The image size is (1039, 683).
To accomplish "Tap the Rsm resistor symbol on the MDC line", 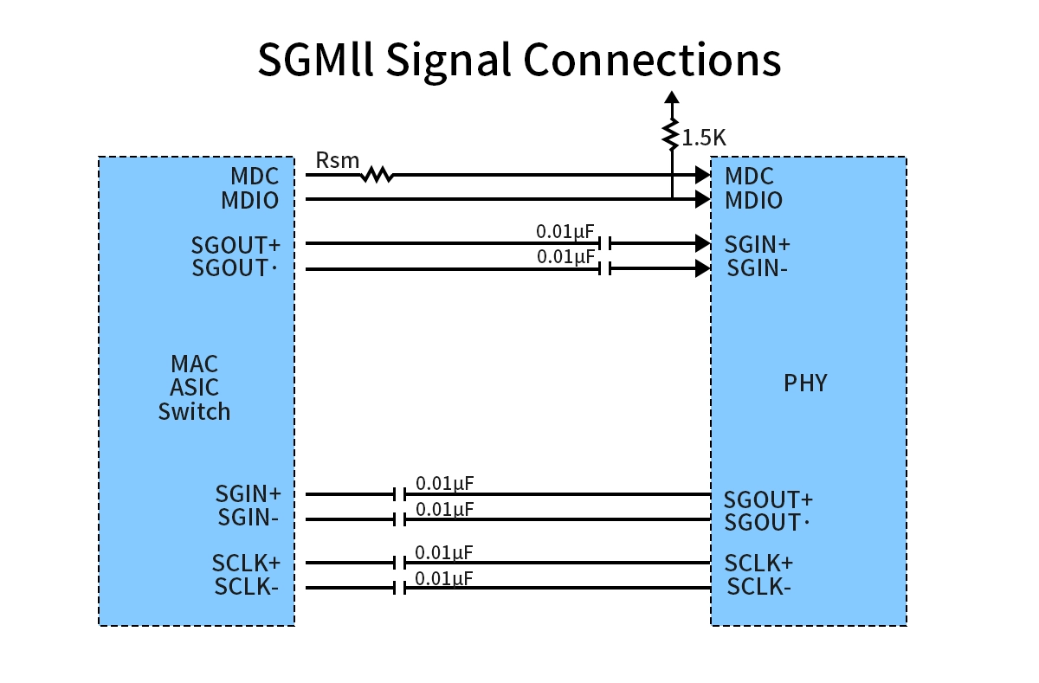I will point(377,175).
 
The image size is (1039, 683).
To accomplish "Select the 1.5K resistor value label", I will point(704,138).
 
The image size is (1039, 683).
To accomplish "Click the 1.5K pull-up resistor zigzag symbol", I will point(671,134).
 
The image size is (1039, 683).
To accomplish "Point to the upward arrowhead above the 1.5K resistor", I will point(671,97).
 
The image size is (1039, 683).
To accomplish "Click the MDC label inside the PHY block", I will point(749,177).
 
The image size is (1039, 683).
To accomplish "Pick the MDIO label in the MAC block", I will point(249,201).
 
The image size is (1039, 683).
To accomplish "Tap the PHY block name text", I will point(805,383).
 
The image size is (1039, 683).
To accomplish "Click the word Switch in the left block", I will point(194,412).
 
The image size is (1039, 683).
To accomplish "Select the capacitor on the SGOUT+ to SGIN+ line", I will point(605,243).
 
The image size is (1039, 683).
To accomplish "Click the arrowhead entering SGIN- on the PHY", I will point(703,269).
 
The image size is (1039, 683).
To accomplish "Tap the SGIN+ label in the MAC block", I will point(248,494).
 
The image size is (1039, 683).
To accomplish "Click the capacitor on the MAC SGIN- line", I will point(399,519).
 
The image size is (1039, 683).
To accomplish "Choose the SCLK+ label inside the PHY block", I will point(758,564).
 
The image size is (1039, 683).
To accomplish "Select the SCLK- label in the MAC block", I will point(246,588).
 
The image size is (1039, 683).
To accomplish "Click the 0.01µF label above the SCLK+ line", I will point(444,552).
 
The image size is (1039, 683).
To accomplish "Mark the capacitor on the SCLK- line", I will point(399,589).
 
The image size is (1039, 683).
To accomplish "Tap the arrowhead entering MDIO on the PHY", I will point(703,200).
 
